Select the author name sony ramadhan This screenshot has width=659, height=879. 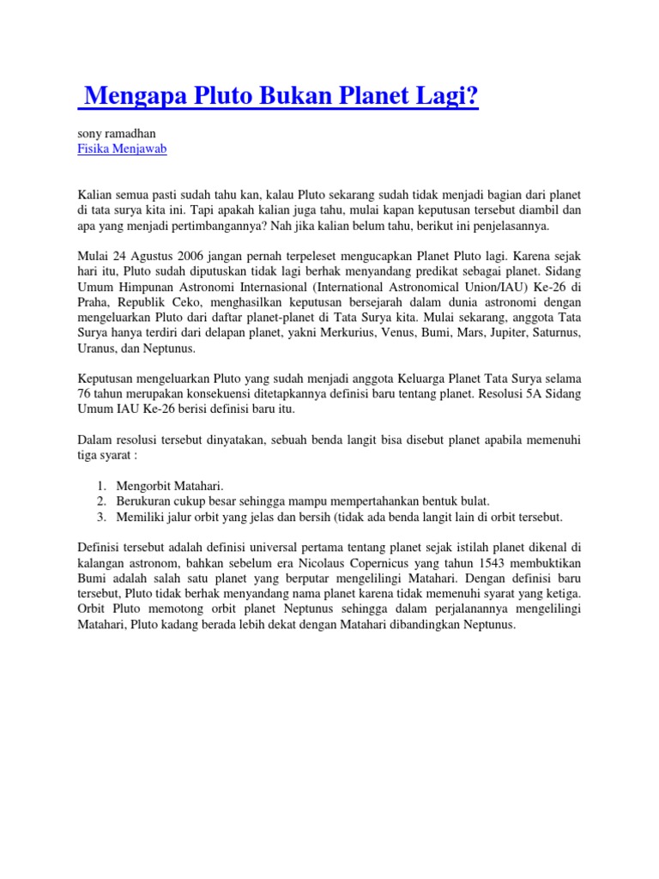tap(117, 133)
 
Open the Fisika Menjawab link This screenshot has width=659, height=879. tap(122, 149)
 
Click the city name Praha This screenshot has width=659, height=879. tap(94, 303)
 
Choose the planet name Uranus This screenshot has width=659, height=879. tap(97, 349)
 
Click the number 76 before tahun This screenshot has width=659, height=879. tap(84, 394)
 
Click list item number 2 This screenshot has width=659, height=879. tap(100, 500)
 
